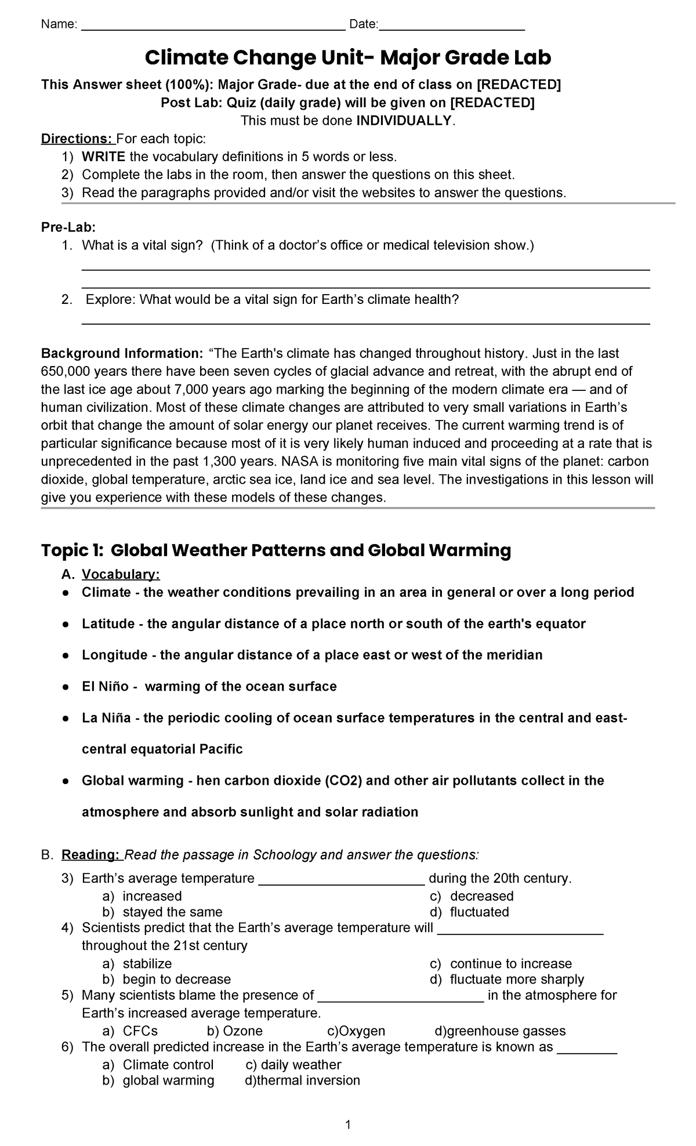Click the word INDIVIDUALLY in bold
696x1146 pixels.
[404, 121]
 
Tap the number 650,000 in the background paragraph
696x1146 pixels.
[63, 371]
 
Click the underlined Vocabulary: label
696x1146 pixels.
[121, 574]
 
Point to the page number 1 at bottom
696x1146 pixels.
[348, 1126]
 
